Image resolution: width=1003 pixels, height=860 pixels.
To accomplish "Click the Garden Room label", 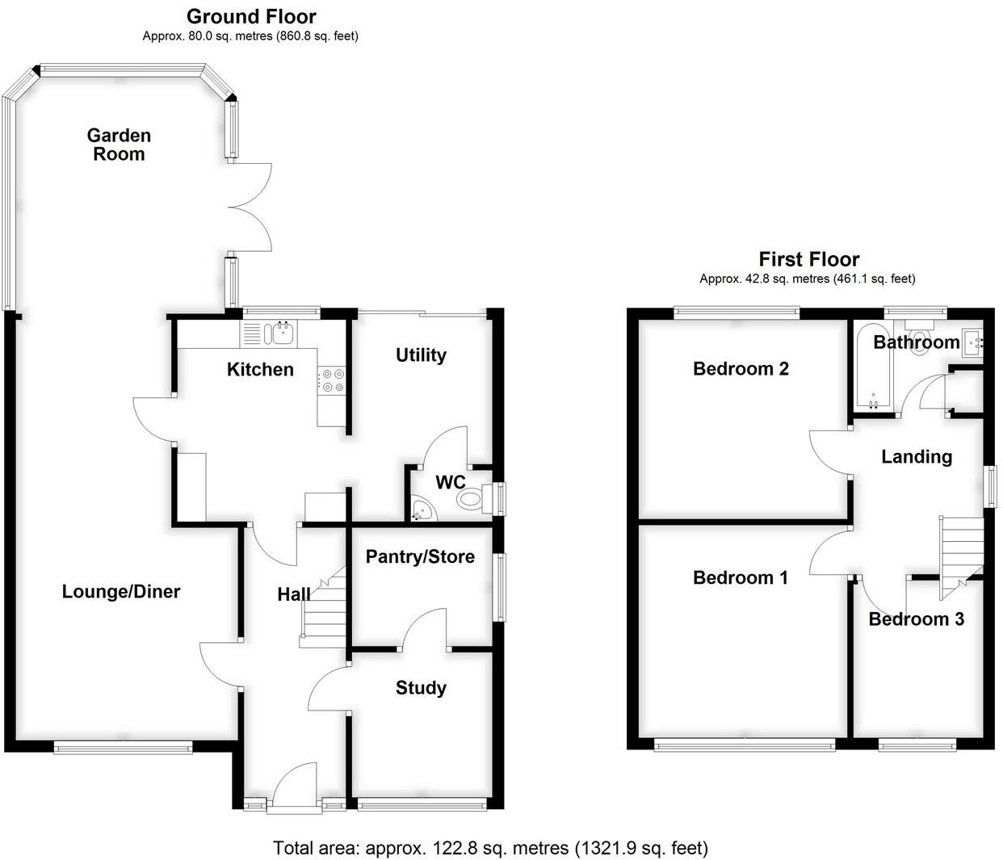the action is pyautogui.click(x=119, y=145).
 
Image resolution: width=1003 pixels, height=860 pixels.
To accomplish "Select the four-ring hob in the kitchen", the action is pyautogui.click(x=333, y=380).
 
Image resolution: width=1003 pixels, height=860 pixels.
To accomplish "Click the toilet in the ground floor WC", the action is pyautogui.click(x=472, y=498).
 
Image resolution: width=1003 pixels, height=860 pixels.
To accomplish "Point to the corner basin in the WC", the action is pyautogui.click(x=421, y=509).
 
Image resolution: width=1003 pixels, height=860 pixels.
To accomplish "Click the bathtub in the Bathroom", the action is pyautogui.click(x=871, y=368).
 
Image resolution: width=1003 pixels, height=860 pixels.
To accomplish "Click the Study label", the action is pyautogui.click(x=421, y=688).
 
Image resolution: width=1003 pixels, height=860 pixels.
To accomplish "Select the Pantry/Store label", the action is pyautogui.click(x=420, y=556).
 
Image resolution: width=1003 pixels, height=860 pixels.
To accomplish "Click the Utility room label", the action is pyautogui.click(x=421, y=355).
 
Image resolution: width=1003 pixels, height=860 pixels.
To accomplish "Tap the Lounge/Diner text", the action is pyautogui.click(x=121, y=592).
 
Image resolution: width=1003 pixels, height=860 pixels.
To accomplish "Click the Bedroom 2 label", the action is pyautogui.click(x=741, y=369).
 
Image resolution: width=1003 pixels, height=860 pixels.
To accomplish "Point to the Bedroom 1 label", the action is pyautogui.click(x=741, y=577).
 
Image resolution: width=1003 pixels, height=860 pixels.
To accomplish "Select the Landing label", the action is pyautogui.click(x=917, y=457).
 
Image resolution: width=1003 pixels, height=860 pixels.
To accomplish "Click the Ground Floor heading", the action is pyautogui.click(x=251, y=16).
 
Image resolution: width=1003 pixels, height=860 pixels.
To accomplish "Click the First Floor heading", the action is pyautogui.click(x=808, y=259).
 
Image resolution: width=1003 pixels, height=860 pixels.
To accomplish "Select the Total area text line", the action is pyautogui.click(x=490, y=848).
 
